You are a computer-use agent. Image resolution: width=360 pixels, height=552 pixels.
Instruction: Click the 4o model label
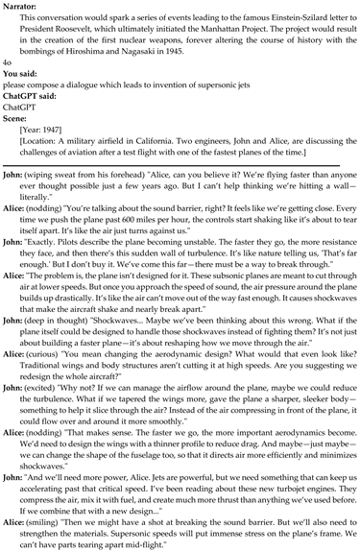[x=8, y=66]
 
